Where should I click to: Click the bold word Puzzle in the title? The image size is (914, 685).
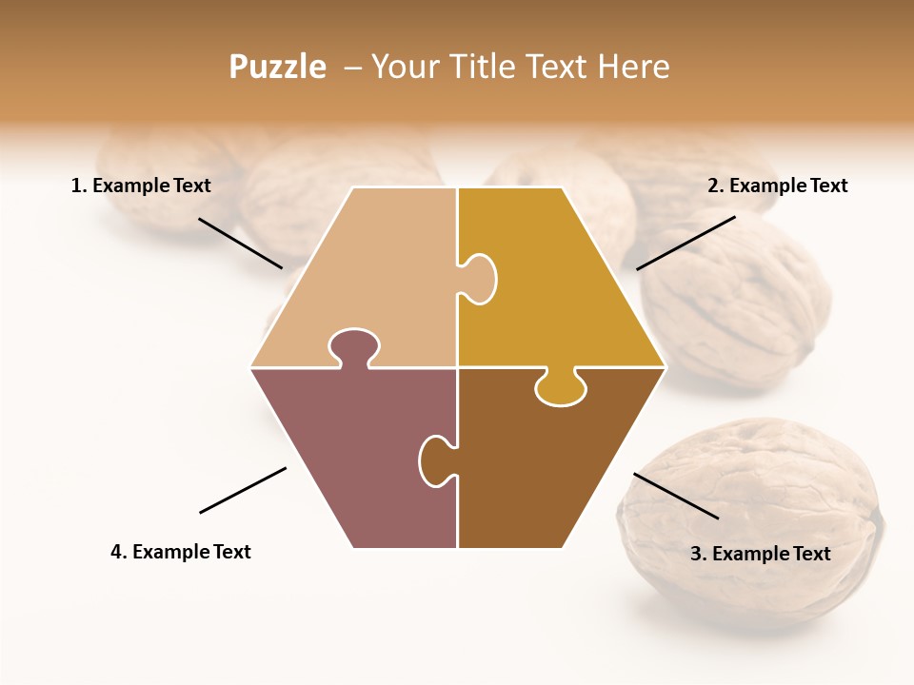tap(277, 67)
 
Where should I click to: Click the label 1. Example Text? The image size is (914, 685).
tap(141, 186)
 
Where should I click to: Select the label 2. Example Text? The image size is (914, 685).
tap(777, 186)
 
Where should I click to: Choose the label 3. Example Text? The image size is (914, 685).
tap(760, 554)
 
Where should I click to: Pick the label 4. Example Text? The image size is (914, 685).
tap(181, 552)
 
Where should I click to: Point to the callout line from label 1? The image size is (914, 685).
tap(240, 243)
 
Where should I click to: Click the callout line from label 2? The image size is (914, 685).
tap(685, 243)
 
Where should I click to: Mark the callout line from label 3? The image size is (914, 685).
tap(676, 496)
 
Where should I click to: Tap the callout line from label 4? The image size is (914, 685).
tap(243, 490)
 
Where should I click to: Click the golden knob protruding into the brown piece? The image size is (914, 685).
tap(561, 388)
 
